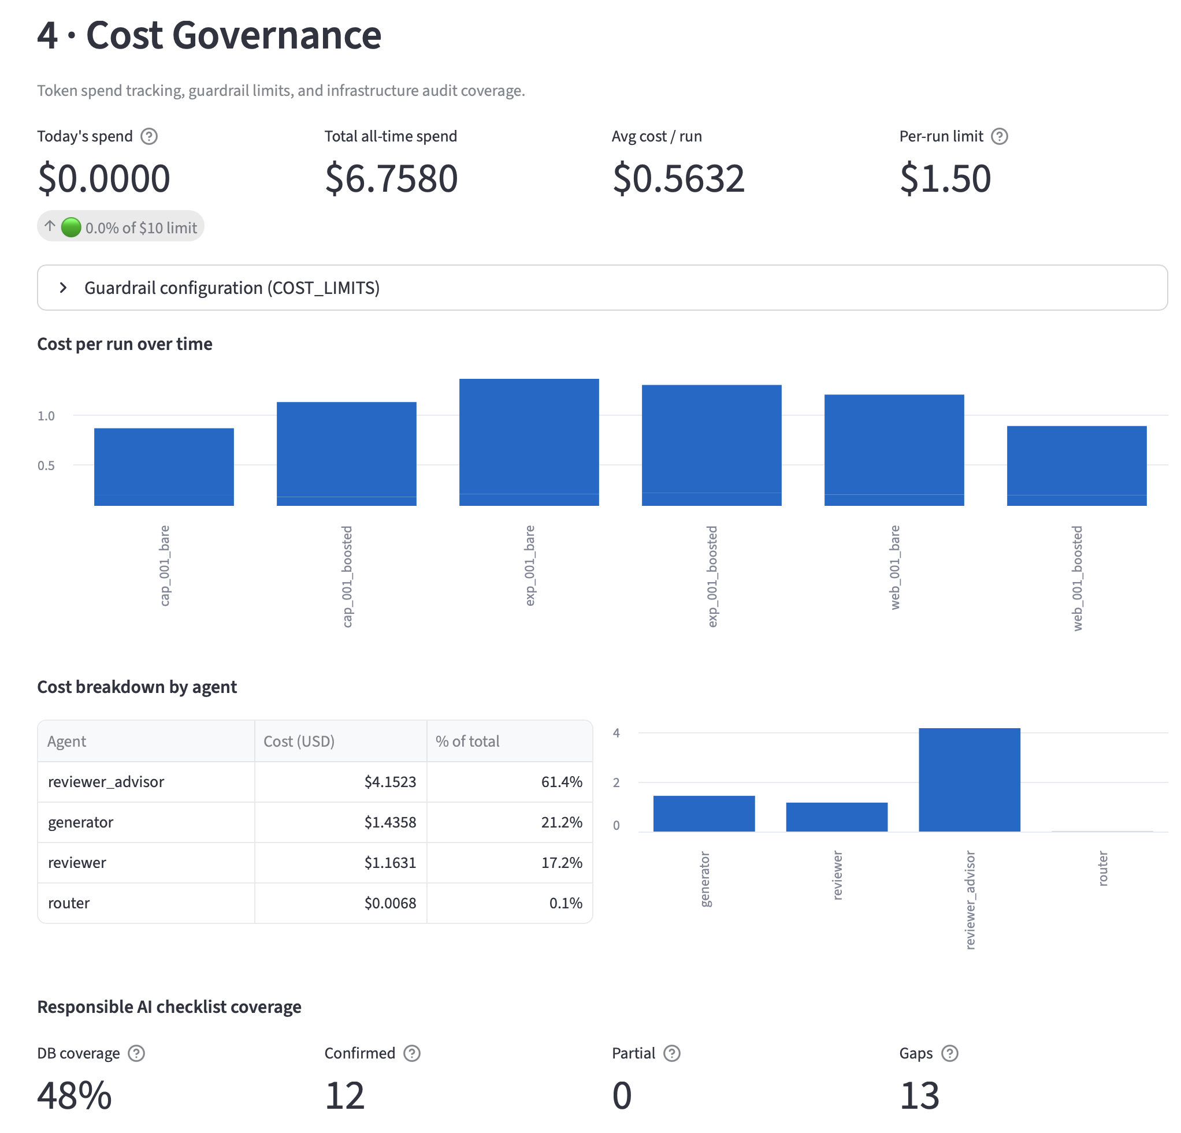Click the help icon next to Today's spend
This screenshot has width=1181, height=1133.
(149, 136)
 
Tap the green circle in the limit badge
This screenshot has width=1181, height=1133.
(71, 227)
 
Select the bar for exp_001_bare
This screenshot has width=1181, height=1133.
(529, 442)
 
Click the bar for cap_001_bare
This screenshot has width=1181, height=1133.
(164, 467)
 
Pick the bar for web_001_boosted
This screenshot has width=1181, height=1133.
(1077, 465)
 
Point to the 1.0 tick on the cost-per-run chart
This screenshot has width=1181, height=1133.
(46, 416)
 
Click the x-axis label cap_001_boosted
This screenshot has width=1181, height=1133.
(347, 576)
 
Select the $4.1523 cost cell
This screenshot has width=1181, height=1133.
(390, 781)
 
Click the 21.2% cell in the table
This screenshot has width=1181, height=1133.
(562, 822)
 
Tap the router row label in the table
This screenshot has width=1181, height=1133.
(69, 903)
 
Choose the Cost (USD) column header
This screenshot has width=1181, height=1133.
(299, 741)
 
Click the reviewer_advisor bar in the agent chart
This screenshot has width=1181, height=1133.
(970, 780)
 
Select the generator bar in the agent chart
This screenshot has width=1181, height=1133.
(704, 813)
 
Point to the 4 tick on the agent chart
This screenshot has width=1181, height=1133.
(616, 732)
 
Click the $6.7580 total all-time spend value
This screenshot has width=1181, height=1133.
(392, 178)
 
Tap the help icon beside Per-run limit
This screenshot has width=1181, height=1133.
(999, 136)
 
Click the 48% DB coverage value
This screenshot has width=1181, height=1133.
(75, 1095)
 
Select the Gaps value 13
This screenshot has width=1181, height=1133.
(919, 1095)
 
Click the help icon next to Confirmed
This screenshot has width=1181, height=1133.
(411, 1053)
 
